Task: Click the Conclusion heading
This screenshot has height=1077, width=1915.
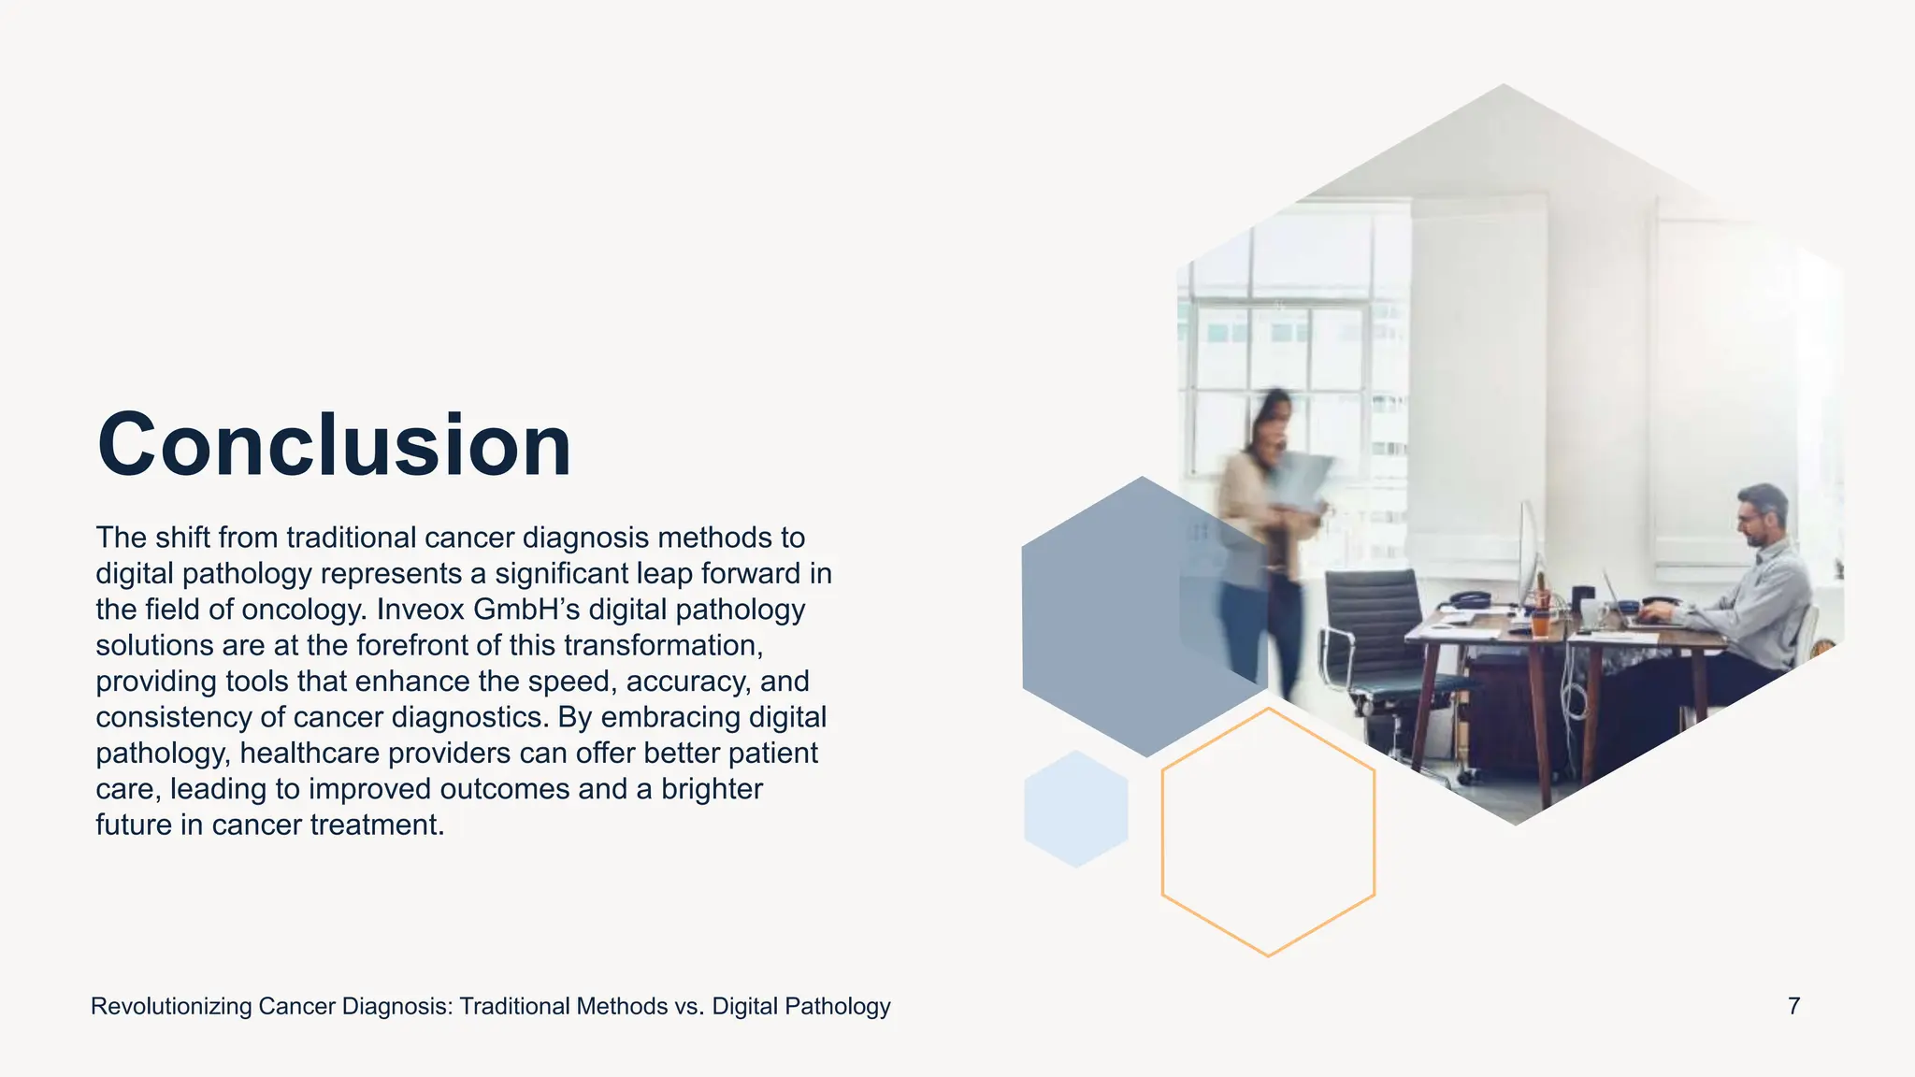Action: click(x=334, y=445)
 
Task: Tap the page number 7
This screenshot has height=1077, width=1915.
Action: click(x=1793, y=1006)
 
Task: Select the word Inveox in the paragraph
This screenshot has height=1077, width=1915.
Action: click(x=421, y=610)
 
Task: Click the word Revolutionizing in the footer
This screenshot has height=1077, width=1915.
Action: click(x=171, y=1007)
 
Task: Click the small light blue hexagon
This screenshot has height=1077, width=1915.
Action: click(x=1075, y=809)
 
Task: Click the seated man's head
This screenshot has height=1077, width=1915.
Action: click(x=1763, y=514)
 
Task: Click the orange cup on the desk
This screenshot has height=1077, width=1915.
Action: click(x=1540, y=622)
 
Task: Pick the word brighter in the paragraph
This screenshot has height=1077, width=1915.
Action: click(x=712, y=789)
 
